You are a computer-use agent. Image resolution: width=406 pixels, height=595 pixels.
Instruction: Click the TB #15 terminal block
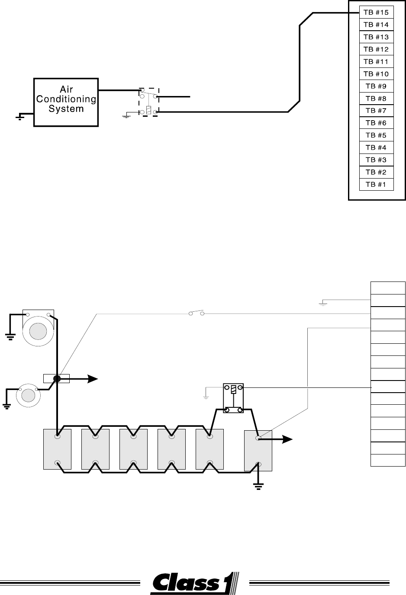376,12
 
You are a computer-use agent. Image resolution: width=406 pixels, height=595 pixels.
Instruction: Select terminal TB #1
376,184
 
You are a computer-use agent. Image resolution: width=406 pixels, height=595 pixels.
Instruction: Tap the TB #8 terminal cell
376,99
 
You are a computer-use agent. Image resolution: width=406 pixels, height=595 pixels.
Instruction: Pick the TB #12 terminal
376,49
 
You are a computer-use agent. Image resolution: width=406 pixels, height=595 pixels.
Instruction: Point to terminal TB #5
376,135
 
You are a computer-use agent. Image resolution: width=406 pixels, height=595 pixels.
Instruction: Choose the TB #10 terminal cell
376,74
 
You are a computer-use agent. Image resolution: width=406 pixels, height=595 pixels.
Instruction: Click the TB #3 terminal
376,160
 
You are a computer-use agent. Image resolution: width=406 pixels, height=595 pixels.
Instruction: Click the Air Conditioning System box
66,102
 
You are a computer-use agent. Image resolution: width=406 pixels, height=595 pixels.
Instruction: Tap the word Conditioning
66,99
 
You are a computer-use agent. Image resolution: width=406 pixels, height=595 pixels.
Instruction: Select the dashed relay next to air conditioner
149,102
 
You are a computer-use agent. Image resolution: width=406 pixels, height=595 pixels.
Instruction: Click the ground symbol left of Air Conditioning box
20,117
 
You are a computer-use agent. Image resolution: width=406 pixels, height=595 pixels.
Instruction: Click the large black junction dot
57,379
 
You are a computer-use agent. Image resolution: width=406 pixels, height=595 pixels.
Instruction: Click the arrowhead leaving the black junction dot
93,379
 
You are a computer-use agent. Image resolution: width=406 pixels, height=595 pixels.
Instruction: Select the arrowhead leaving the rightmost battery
287,439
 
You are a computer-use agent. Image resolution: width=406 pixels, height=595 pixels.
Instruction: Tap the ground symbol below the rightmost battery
258,486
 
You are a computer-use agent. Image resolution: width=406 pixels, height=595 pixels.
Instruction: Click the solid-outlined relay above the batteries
233,398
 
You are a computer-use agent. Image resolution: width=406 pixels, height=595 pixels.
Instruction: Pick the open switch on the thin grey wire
197,313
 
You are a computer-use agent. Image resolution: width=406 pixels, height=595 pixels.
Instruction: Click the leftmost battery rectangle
57,450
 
